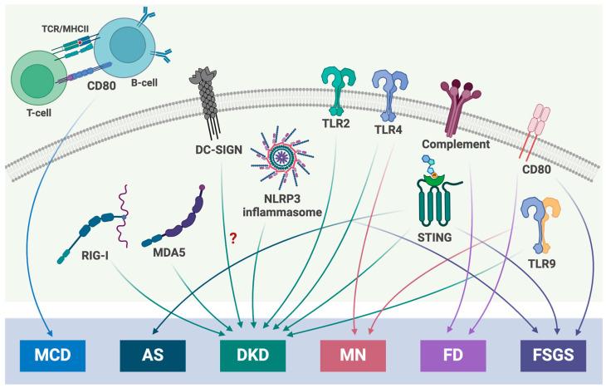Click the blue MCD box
[49, 352]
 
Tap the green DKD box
[253, 352]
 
